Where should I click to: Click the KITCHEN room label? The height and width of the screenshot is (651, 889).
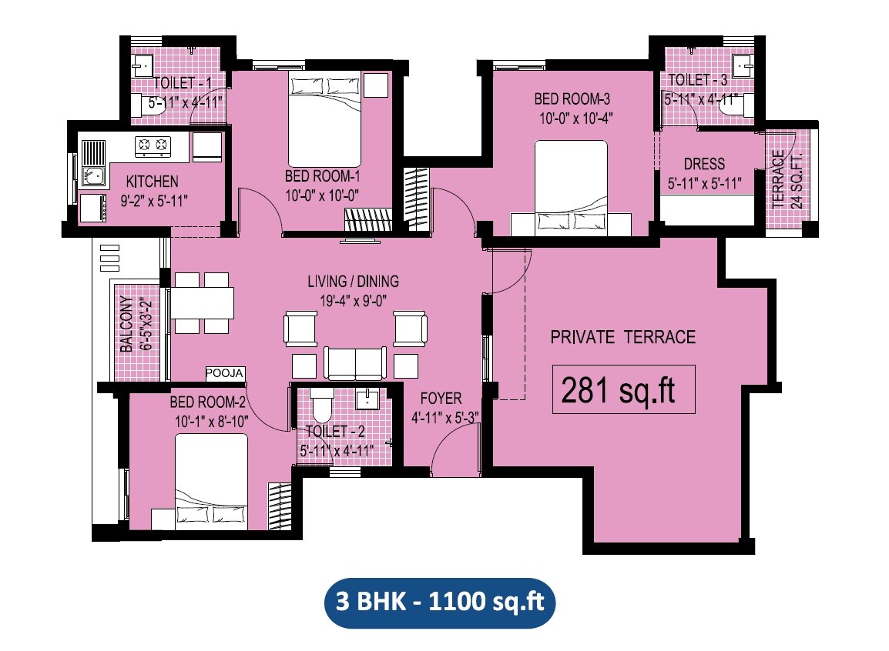click(153, 182)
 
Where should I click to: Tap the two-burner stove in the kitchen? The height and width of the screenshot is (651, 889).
click(153, 144)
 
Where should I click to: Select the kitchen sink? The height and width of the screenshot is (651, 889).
click(93, 176)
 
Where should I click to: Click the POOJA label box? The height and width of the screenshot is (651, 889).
click(225, 374)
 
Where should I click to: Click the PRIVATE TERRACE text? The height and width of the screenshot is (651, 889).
click(622, 337)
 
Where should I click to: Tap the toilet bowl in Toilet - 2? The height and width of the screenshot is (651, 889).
click(321, 404)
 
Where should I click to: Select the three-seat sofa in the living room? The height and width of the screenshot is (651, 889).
click(355, 362)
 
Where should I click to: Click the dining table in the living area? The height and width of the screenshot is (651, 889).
click(201, 302)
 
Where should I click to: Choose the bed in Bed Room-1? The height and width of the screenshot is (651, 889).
click(324, 115)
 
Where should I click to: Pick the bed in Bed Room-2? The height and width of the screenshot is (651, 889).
click(212, 481)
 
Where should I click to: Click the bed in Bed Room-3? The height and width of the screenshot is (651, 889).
click(571, 185)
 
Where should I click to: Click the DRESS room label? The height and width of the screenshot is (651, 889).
click(704, 164)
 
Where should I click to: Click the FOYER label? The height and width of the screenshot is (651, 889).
click(441, 398)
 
